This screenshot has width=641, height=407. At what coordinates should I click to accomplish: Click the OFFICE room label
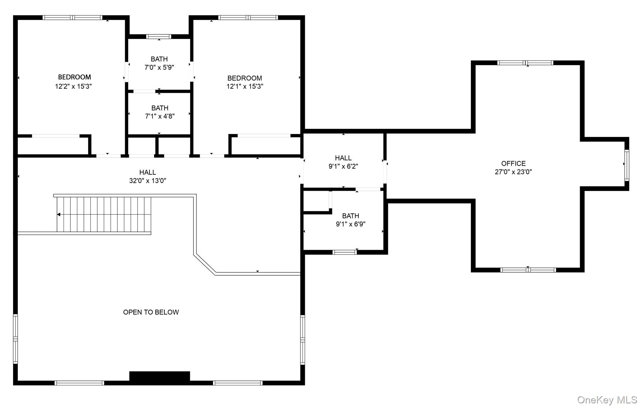[x=513, y=164]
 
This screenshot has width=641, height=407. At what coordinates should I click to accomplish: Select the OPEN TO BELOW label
[x=151, y=312]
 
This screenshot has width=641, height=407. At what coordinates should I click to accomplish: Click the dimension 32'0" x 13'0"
[x=147, y=181]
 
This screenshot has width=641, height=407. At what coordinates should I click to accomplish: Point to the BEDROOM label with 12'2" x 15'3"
[x=74, y=77]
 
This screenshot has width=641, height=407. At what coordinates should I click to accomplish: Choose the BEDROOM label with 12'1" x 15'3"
[x=244, y=78]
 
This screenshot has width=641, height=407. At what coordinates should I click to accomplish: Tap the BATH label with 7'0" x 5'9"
[x=159, y=59]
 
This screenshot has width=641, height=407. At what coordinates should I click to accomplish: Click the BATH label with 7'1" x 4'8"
[x=160, y=108]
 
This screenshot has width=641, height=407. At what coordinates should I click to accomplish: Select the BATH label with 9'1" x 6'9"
[x=351, y=216]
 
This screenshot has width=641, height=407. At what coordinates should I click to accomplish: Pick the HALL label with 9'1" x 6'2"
[x=343, y=158]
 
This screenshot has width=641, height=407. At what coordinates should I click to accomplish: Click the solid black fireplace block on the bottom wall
[x=160, y=376]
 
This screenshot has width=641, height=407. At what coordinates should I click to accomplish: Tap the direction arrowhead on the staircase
[x=59, y=215]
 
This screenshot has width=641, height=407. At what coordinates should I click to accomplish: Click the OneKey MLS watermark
[x=607, y=400]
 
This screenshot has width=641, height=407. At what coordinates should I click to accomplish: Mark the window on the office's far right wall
[x=627, y=165]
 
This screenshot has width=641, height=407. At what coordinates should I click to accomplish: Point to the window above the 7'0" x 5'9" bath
[x=159, y=36]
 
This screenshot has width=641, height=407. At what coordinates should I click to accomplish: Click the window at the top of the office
[x=525, y=63]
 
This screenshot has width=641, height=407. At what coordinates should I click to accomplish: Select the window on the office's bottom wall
[x=528, y=270]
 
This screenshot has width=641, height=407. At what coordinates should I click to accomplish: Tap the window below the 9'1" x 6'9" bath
[x=345, y=252]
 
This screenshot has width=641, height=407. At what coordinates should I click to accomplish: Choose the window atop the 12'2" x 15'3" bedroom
[x=72, y=18]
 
